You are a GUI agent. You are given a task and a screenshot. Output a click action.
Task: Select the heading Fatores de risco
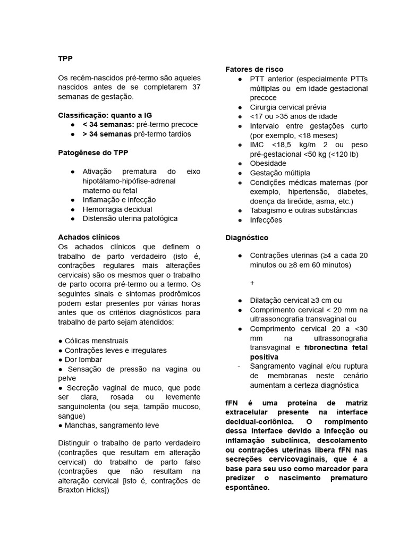[254, 70]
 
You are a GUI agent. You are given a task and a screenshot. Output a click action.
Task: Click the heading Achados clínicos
[89, 237]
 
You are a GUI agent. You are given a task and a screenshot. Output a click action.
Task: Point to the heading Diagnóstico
[246, 237]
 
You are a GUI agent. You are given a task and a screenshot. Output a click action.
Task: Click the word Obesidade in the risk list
[268, 164]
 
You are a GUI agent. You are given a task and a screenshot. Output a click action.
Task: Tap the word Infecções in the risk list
[266, 220]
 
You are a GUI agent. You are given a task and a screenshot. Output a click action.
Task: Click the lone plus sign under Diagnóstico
[252, 283]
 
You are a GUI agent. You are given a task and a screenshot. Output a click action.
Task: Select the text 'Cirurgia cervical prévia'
[288, 107]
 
